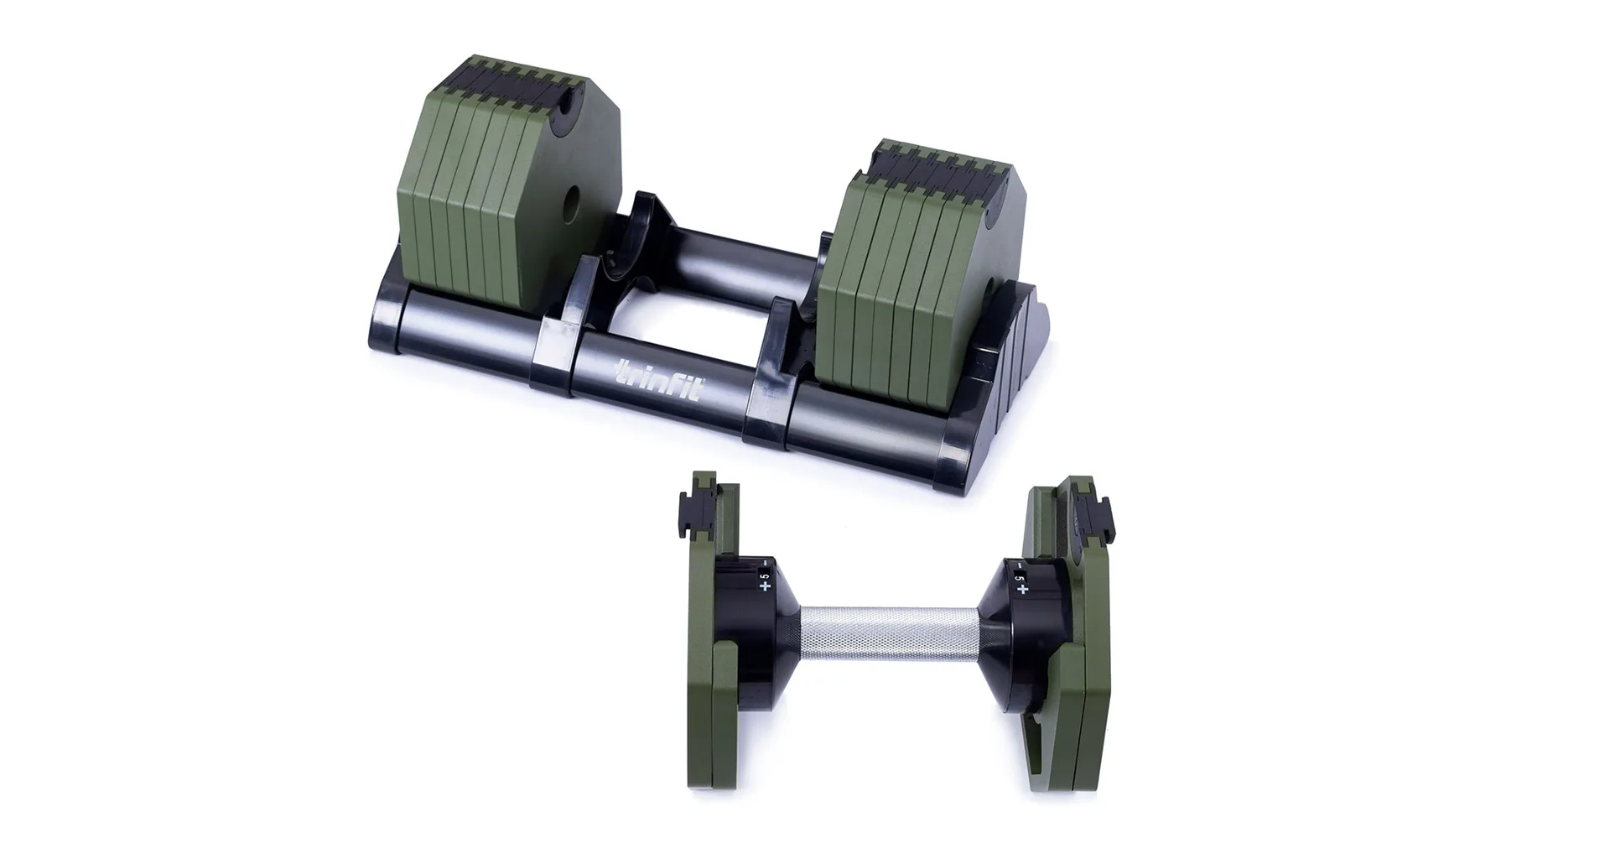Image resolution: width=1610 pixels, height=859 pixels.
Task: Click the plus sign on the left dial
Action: (x=765, y=586)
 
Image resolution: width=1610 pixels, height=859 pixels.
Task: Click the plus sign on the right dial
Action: (x=1022, y=590)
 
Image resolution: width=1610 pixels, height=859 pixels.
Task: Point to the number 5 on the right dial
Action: (x=1019, y=578)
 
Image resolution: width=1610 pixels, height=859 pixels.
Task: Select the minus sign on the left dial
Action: (x=766, y=562)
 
